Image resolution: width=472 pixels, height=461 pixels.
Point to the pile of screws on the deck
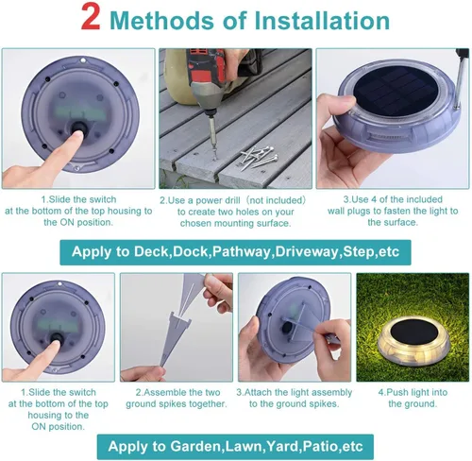(x=259, y=157)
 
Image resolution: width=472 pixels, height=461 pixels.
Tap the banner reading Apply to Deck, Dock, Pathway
(x=235, y=252)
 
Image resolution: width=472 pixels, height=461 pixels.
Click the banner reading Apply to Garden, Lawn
(x=235, y=447)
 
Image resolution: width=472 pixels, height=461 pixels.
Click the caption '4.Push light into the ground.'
(x=413, y=398)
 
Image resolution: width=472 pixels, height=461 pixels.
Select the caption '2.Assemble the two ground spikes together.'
(x=177, y=398)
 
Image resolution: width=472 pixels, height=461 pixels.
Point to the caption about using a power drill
(x=233, y=212)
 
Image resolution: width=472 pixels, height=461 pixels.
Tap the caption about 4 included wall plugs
(x=393, y=211)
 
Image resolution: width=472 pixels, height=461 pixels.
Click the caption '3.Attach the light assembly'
(x=295, y=392)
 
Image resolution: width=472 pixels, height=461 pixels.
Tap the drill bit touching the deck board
(x=213, y=136)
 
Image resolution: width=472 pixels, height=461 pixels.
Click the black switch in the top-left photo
(x=78, y=128)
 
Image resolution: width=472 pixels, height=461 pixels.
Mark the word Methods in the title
(x=161, y=21)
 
